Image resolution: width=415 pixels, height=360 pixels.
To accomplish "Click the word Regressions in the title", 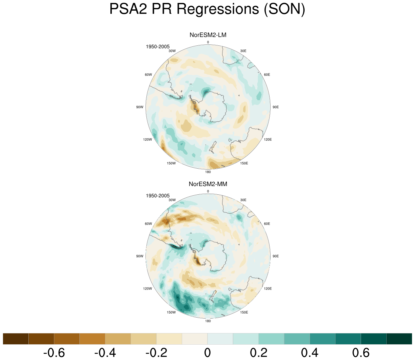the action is coord(218,9).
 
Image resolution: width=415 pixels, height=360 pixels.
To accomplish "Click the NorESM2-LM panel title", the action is coord(208,35).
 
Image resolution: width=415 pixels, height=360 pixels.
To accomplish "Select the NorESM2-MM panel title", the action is coord(208,184).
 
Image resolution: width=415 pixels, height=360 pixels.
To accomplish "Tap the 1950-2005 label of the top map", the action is coord(157,47).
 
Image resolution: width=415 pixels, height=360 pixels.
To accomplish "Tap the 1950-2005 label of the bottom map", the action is coord(157,196).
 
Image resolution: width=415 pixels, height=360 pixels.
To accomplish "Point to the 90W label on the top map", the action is coord(140,107).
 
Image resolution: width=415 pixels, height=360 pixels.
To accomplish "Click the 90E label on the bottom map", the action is coord(276,256).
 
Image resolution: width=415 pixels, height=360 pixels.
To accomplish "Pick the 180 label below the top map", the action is coord(208,172).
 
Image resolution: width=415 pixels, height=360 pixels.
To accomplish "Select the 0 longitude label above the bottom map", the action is coord(208,191).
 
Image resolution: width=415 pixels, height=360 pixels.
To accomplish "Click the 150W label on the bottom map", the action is coord(171,312).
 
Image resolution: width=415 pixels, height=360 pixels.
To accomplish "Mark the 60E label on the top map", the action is coord(267,74).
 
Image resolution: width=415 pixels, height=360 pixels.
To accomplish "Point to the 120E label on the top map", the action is coord(268,140).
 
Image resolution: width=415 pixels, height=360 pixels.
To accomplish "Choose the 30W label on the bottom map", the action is coord(172,200).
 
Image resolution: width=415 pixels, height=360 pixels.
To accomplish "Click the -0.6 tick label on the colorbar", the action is coord(54,353).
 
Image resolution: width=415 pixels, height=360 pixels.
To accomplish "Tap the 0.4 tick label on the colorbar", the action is coord(310,353).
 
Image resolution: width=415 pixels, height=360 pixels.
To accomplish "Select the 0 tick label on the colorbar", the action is coord(207,353).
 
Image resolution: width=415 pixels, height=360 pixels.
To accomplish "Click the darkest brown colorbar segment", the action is coord(16,339).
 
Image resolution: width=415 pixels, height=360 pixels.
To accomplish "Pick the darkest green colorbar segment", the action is coord(399,339).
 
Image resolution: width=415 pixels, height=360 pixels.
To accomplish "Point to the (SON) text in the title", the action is coord(284,9).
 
